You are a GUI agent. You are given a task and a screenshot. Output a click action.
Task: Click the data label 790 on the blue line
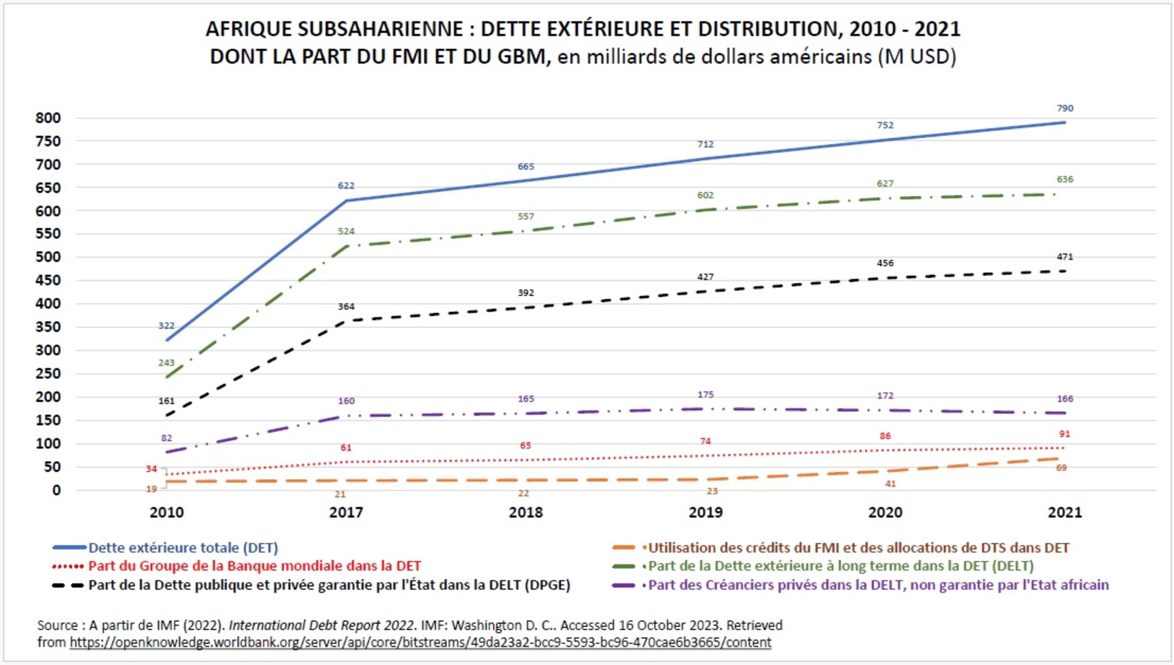[1065, 108]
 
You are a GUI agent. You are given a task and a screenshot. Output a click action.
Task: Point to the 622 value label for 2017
[346, 186]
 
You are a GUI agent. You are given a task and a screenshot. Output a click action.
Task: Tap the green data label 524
[346, 231]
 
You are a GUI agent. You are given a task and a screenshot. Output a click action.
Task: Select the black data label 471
[1065, 257]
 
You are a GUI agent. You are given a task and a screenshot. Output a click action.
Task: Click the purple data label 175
[705, 394]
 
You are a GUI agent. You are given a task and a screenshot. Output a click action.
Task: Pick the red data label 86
[885, 436]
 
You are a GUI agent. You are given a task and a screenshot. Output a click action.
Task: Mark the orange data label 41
[890, 484]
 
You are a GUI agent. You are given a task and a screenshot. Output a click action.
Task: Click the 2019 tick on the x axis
[705, 512]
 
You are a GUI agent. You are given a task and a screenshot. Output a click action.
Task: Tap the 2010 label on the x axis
[166, 512]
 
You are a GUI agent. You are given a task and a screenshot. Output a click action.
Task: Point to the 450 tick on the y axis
[48, 280]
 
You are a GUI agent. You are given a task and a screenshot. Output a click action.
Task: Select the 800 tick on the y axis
[48, 118]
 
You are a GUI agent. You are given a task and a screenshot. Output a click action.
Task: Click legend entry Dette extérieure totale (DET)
[183, 548]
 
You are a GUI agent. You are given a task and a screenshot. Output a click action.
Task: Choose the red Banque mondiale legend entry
[254, 566]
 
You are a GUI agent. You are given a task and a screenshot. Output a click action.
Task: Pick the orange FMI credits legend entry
[858, 548]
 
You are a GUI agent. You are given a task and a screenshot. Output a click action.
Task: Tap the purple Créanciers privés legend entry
[878, 585]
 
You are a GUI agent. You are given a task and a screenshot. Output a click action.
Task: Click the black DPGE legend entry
[329, 585]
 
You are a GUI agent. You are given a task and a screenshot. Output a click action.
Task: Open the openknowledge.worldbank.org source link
[420, 642]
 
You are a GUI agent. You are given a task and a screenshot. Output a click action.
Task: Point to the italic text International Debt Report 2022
[322, 625]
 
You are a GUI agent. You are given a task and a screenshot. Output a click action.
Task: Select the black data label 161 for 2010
[166, 401]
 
